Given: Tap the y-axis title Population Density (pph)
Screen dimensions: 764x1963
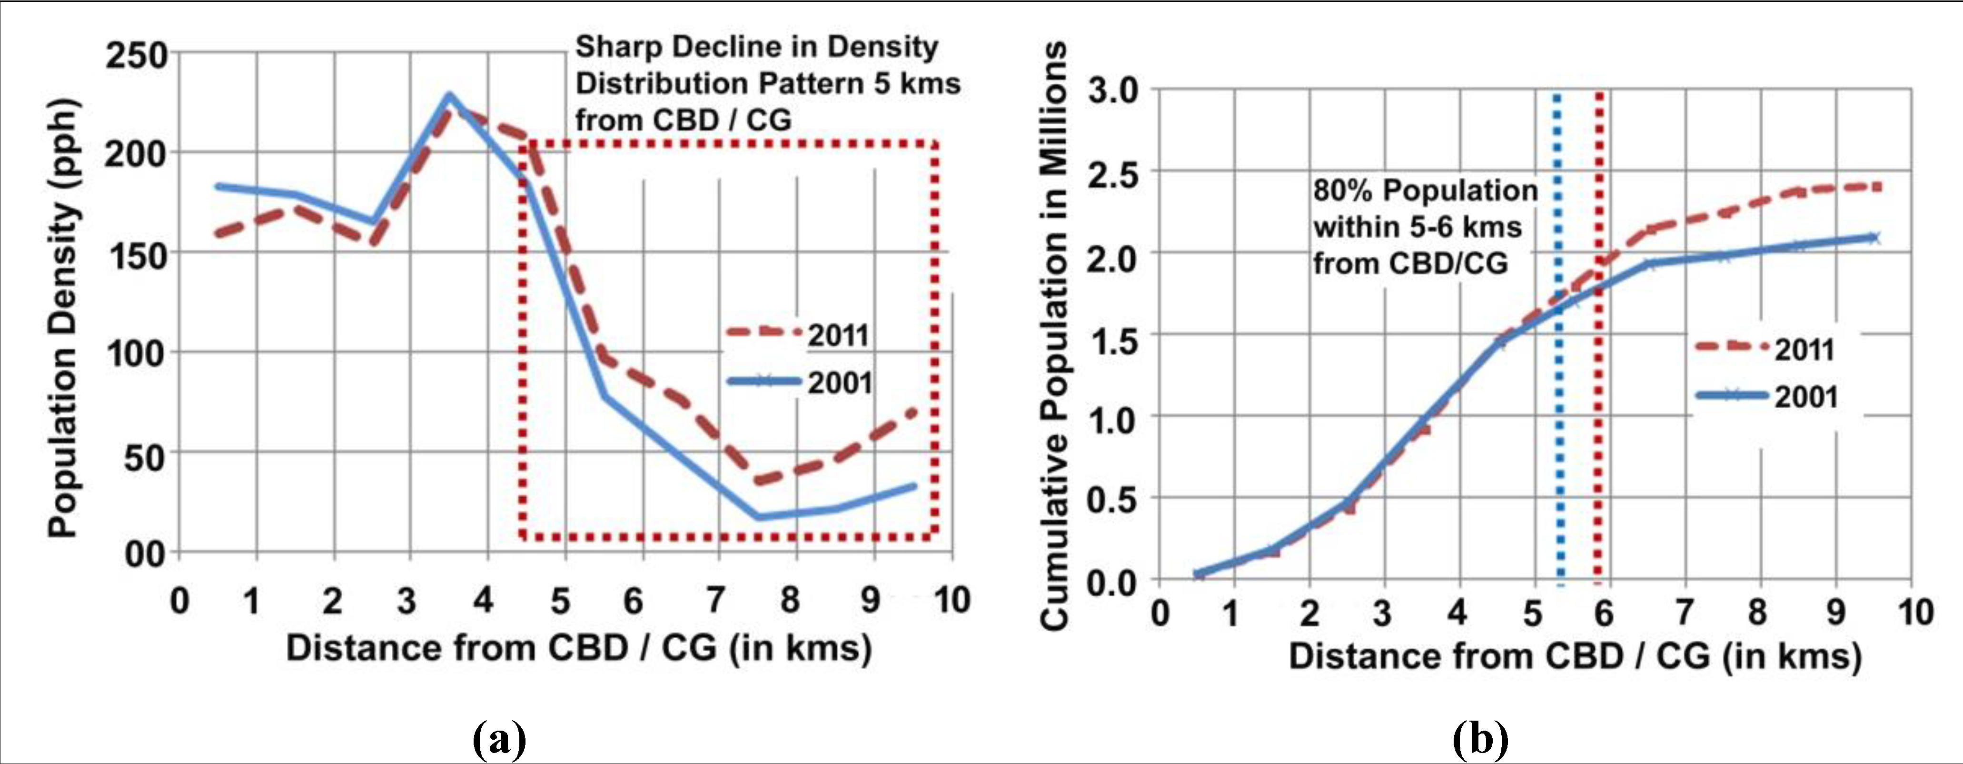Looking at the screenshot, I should point(63,318).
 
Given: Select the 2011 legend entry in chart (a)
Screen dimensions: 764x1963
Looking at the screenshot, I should point(797,334).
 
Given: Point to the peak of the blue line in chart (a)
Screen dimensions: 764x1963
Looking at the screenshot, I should point(450,96).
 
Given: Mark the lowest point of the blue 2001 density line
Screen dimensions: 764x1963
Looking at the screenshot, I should point(758,517).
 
